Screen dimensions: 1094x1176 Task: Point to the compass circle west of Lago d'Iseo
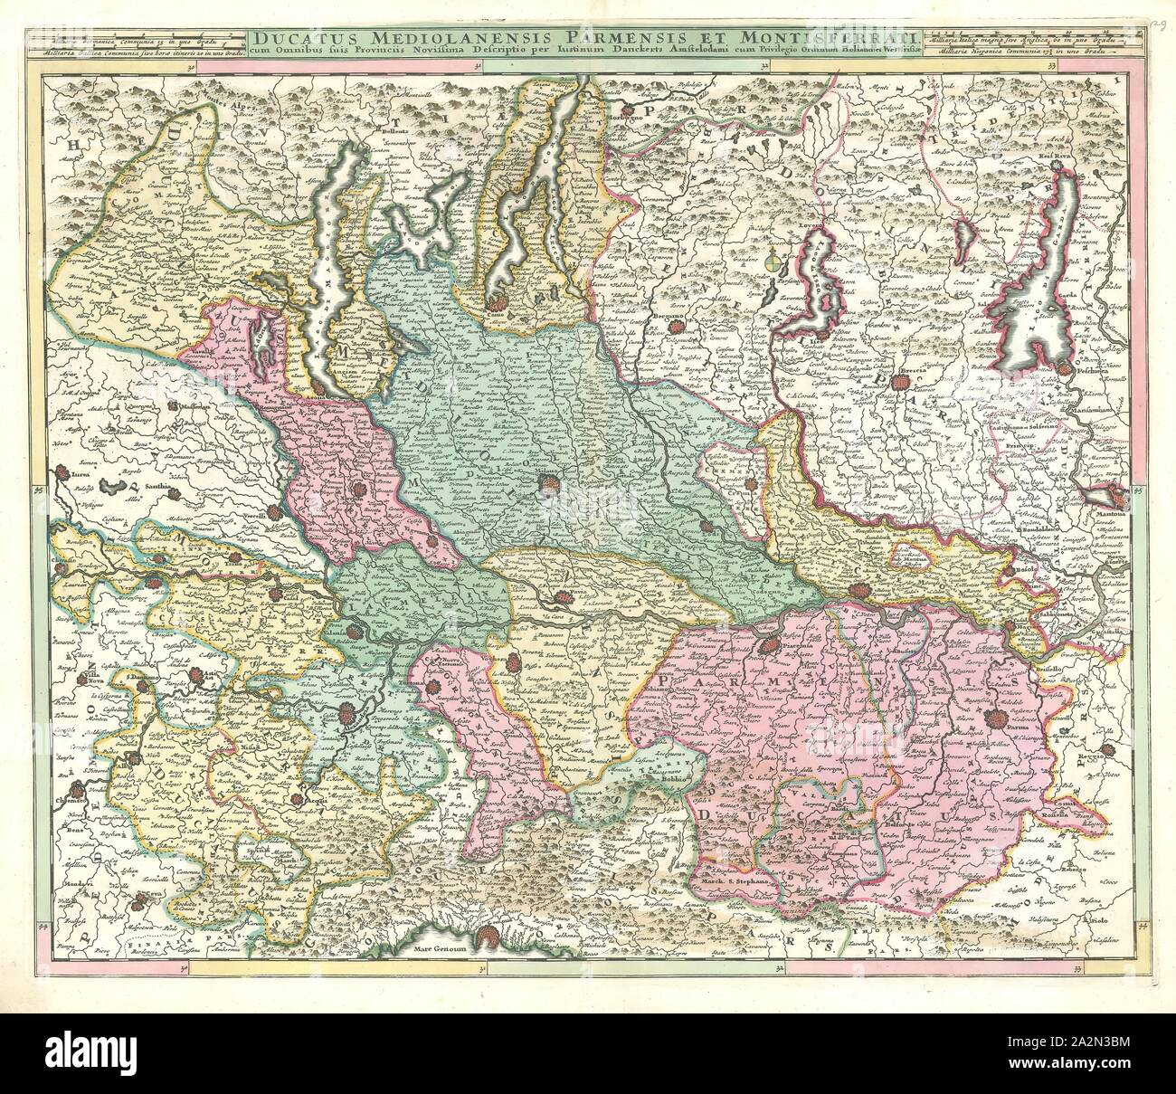[x=772, y=265]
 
